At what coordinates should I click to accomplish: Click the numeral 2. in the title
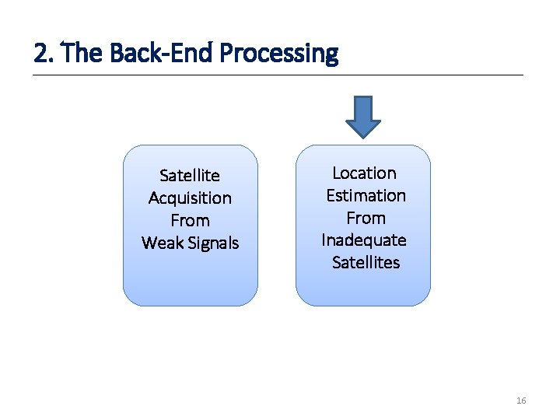(x=44, y=54)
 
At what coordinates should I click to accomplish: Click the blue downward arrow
(x=362, y=114)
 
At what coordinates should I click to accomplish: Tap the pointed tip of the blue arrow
(x=362, y=135)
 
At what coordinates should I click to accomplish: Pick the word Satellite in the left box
(x=190, y=176)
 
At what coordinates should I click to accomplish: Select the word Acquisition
(x=190, y=198)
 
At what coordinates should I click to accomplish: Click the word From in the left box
(x=190, y=221)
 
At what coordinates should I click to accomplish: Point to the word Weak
(x=161, y=243)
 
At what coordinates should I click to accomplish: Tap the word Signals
(x=212, y=243)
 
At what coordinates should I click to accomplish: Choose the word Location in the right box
(x=364, y=173)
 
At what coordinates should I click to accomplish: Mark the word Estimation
(x=366, y=195)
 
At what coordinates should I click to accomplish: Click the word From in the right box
(x=366, y=218)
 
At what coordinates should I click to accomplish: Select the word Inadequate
(x=364, y=240)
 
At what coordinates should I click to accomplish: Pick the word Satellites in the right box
(x=366, y=263)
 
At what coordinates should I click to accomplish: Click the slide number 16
(x=521, y=401)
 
